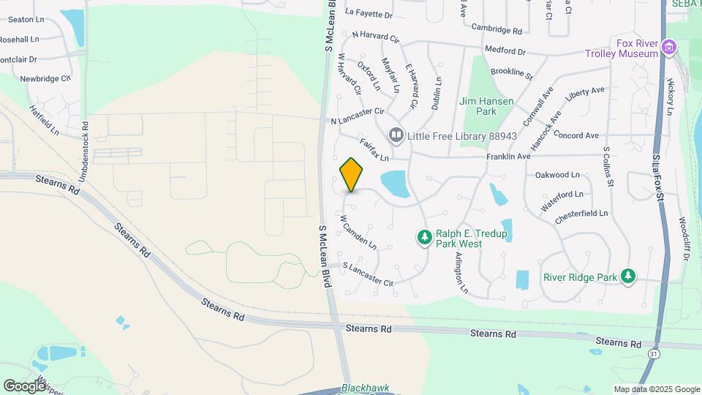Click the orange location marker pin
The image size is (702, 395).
[x=351, y=175]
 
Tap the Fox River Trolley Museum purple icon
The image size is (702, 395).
[x=667, y=48]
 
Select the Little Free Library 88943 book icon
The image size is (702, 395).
[x=396, y=135]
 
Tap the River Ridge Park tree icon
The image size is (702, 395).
[x=627, y=276]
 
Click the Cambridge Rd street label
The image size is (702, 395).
[x=497, y=31]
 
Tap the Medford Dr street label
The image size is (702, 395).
[x=505, y=52]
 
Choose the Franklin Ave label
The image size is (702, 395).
[x=508, y=157]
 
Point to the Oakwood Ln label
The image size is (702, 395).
[x=557, y=175]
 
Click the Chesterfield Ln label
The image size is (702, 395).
[x=581, y=214]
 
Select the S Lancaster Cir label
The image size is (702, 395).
[x=368, y=274]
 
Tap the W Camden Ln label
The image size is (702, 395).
[x=358, y=230]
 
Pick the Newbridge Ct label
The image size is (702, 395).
[x=45, y=78]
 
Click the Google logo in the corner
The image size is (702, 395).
[x=24, y=385]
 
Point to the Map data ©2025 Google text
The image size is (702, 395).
[x=655, y=389]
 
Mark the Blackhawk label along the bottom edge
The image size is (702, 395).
[x=366, y=388]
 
